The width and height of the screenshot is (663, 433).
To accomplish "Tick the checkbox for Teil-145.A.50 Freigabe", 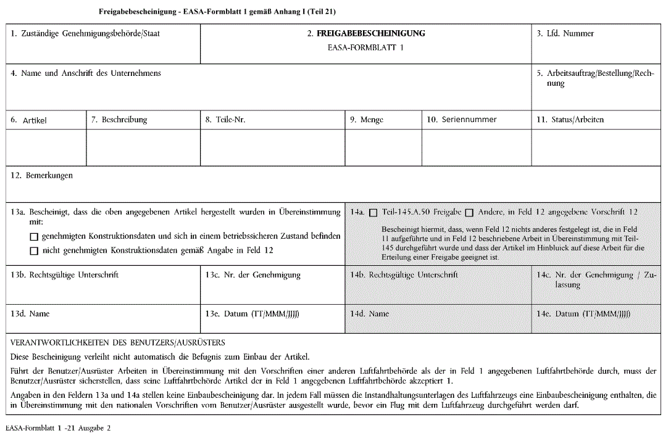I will tap(373, 213).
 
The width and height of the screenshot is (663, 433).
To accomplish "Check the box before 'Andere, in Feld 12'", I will tap(469, 213).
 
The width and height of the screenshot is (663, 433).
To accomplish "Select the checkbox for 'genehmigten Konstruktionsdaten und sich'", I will tap(34, 236).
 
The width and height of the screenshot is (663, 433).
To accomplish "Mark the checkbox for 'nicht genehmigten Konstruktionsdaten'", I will tap(34, 250).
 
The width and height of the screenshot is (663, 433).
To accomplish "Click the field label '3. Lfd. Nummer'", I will tap(565, 34).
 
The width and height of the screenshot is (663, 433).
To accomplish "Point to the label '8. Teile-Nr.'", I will tap(225, 120).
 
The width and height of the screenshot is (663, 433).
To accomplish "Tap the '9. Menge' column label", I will tap(367, 120).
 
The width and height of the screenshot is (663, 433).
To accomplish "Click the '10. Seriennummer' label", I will tap(462, 120).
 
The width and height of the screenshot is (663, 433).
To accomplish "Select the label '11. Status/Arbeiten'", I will tap(570, 120).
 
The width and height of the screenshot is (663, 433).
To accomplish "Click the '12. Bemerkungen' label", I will tap(42, 176).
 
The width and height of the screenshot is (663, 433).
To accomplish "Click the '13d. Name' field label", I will tap(30, 314).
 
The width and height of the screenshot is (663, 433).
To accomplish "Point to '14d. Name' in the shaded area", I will tap(370, 314).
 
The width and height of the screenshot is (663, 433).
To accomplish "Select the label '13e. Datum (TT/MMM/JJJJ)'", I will tap(252, 314).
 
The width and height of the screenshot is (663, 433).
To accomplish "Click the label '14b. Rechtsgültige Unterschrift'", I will tap(404, 275).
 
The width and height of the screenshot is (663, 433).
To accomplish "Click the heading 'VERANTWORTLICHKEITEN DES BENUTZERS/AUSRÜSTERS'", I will tap(118, 342).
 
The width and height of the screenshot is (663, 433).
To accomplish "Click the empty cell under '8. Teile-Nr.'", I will tap(272, 148).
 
